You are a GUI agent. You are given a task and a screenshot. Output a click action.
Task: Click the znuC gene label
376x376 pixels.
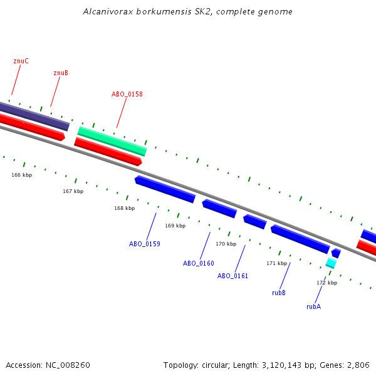point(21,61)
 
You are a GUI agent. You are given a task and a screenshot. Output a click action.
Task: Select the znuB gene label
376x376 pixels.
point(61,73)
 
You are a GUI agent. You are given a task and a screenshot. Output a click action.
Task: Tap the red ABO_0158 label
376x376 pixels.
point(127,94)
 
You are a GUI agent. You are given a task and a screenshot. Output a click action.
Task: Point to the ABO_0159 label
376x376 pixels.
point(145,244)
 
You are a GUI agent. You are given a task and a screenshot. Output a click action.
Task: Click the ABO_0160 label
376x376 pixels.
point(199,263)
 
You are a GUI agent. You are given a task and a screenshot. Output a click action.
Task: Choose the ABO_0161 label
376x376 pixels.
point(233,276)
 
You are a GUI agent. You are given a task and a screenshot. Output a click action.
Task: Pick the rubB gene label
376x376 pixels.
point(279,293)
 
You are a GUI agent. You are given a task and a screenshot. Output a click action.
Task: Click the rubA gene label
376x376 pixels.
point(313,306)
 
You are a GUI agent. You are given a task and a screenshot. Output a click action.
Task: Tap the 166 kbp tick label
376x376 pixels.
point(21,175)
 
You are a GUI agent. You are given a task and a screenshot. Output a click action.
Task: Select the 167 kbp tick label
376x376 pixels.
point(73,191)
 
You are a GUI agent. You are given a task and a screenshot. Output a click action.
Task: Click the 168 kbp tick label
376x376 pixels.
point(124,208)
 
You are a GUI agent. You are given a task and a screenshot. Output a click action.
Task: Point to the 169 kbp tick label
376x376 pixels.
point(175,226)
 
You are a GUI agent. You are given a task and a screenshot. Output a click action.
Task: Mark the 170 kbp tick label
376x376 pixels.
point(226,244)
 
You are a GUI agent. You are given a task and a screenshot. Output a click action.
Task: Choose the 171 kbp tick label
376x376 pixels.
point(276,263)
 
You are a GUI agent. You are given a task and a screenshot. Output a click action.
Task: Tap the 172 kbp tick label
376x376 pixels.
point(326,283)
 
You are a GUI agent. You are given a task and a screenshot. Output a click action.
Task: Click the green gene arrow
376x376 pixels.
point(112,141)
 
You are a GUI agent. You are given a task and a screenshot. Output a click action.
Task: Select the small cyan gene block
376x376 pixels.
point(331,263)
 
